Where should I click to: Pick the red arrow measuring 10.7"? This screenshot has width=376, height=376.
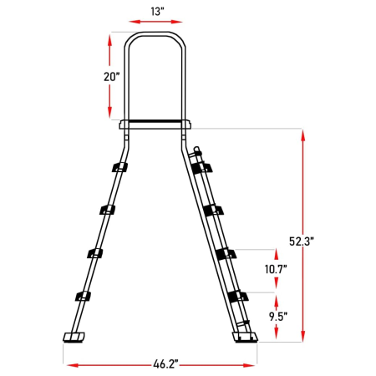273,271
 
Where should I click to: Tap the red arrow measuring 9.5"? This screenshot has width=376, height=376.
273,318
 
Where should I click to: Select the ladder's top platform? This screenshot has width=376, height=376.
155,125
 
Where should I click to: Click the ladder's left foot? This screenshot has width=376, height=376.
73,338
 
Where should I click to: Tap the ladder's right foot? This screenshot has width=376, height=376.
247,338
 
